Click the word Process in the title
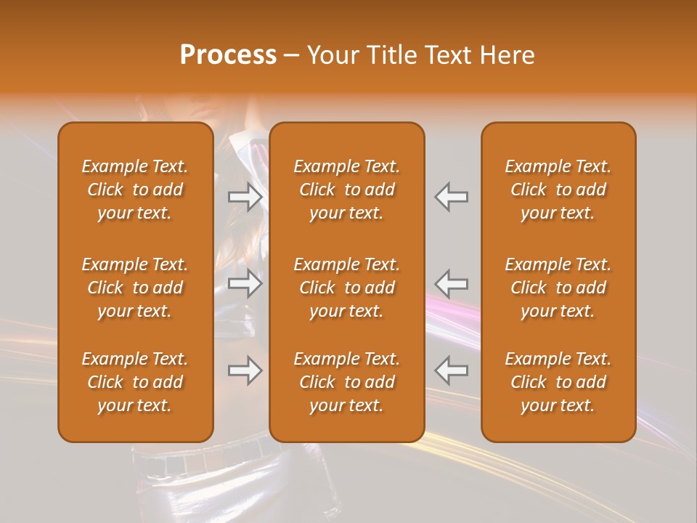228,54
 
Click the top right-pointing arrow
245,196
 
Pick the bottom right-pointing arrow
245,370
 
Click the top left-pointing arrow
452,196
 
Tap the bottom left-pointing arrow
452,370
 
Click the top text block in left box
135,190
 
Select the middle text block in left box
135,288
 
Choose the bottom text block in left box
135,382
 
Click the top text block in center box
346,190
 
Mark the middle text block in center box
346,288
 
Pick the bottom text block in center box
346,382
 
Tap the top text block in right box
558,190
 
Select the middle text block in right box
558,288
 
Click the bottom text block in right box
558,382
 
